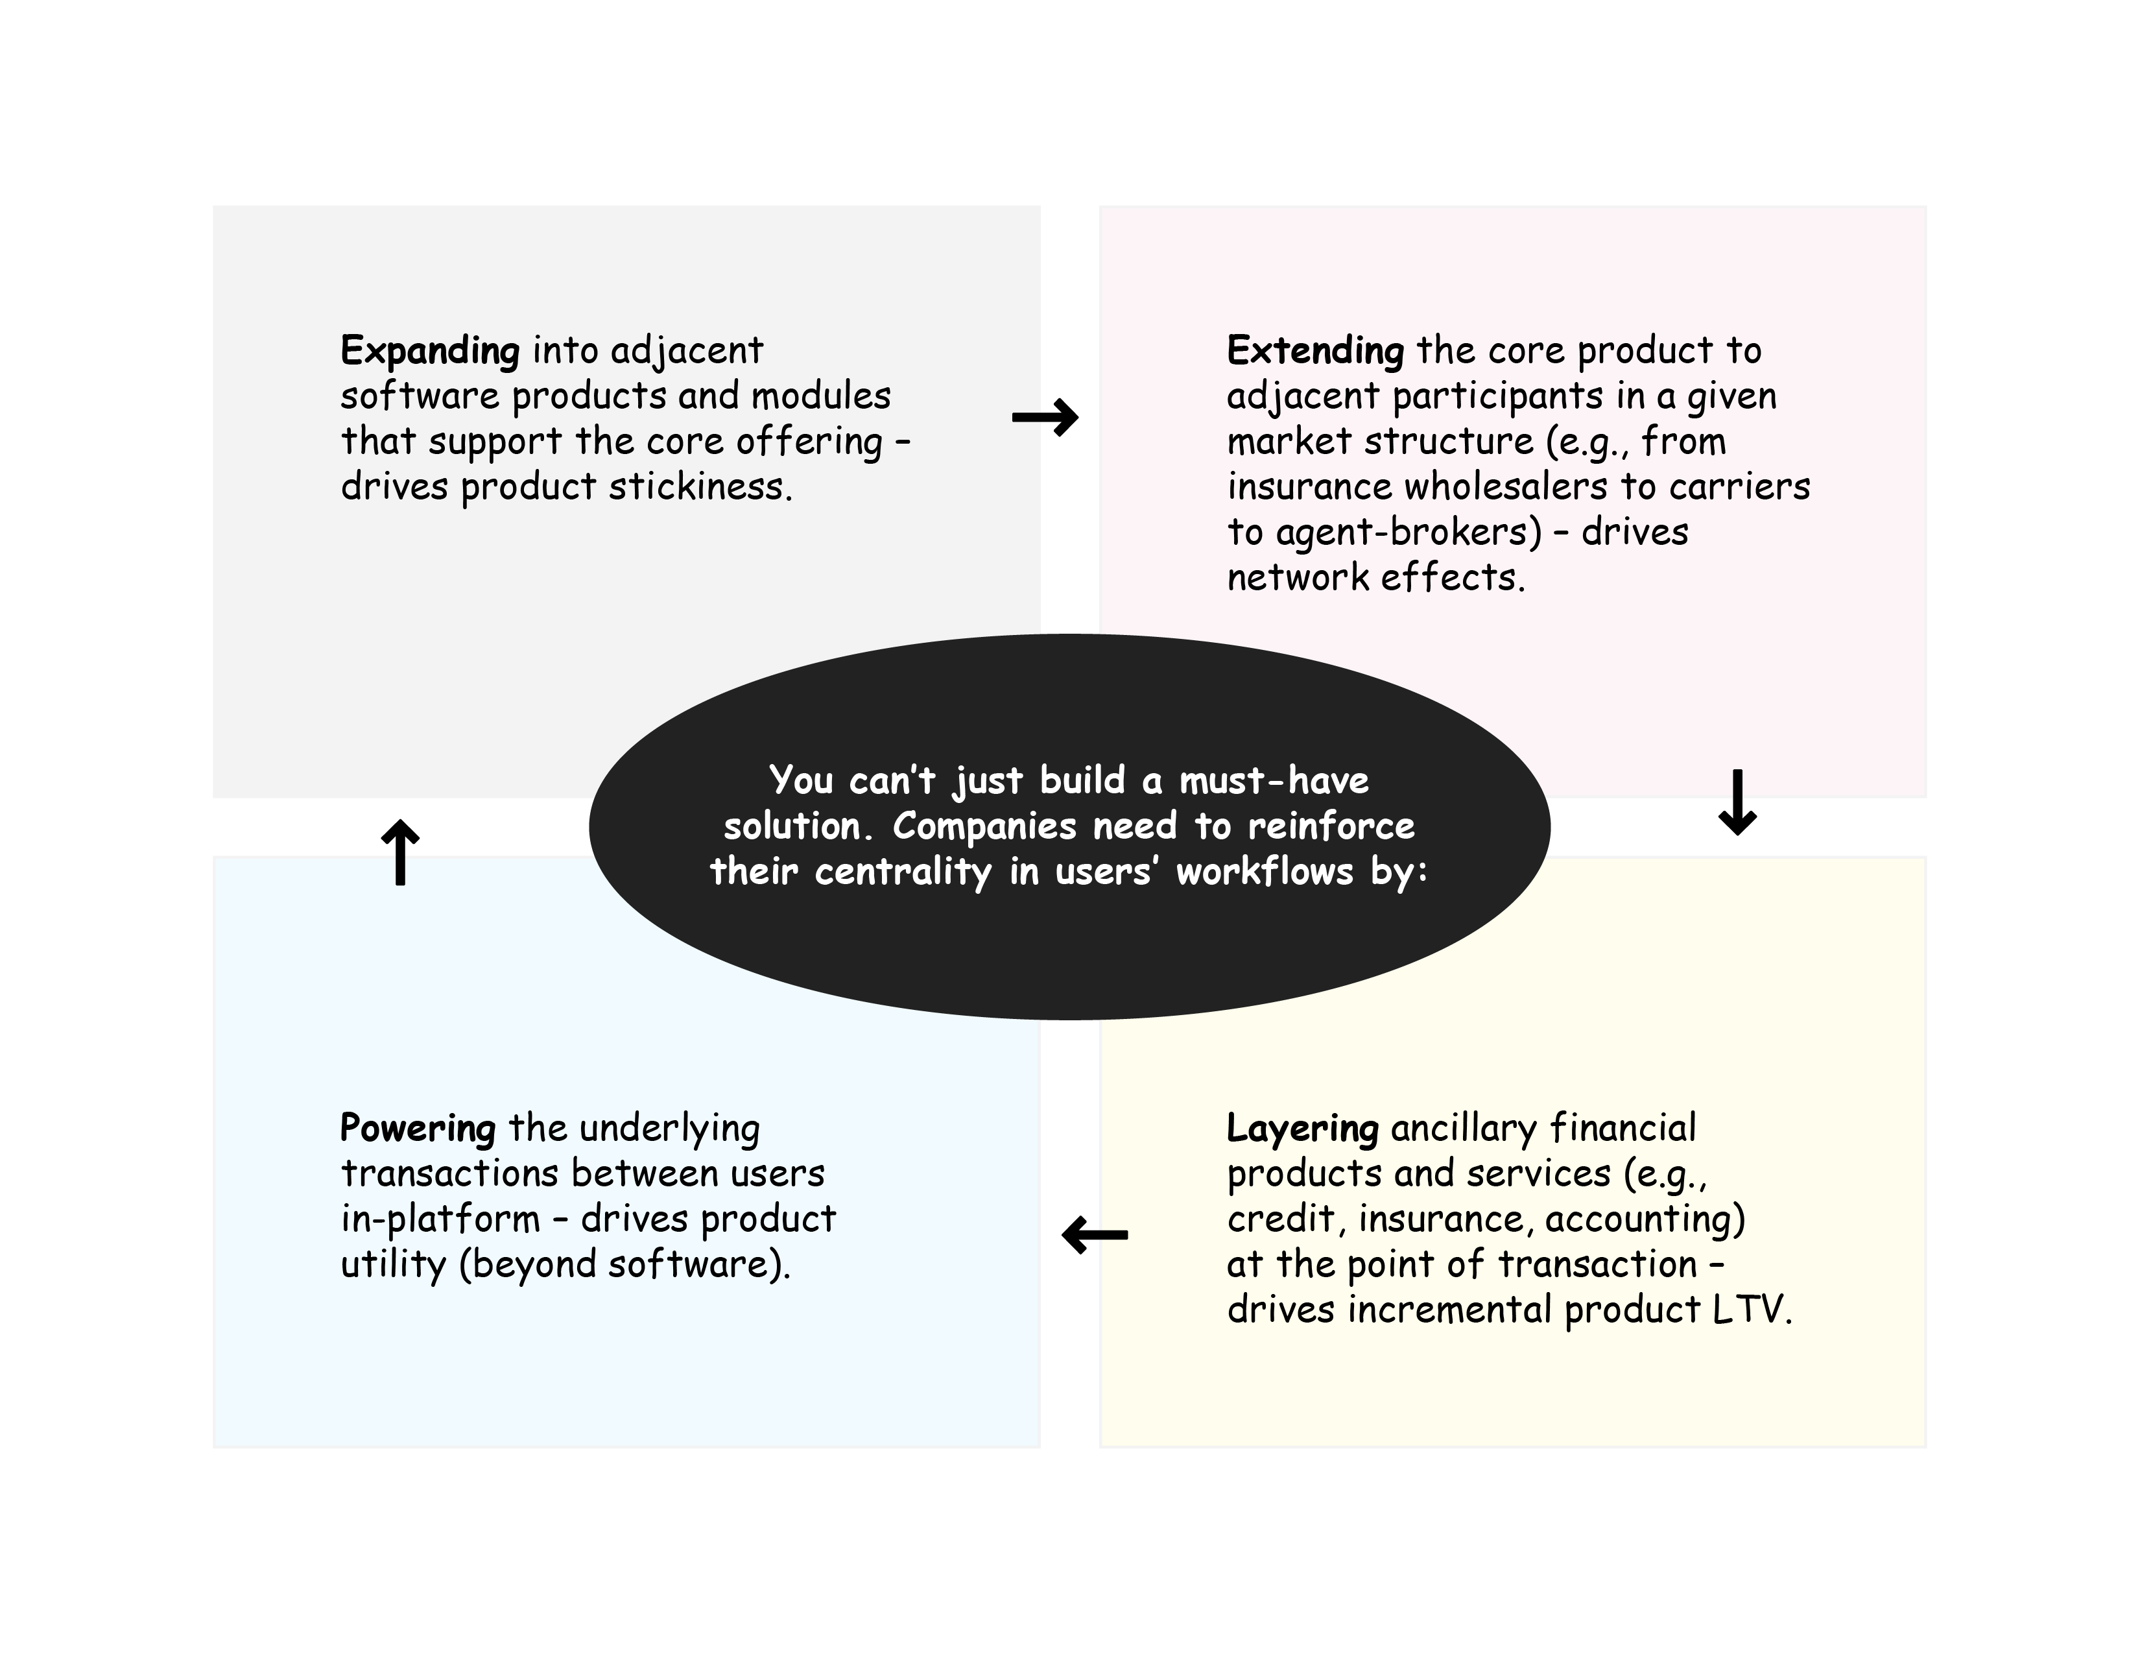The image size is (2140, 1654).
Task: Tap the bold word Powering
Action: click(x=418, y=1129)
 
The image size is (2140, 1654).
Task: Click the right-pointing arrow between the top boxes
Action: click(x=1045, y=418)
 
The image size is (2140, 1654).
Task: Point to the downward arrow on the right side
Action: click(x=1737, y=802)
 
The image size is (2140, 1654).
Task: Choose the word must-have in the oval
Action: click(x=1274, y=781)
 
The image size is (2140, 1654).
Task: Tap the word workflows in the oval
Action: click(x=1264, y=872)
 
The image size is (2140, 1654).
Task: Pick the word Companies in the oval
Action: click(x=984, y=826)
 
